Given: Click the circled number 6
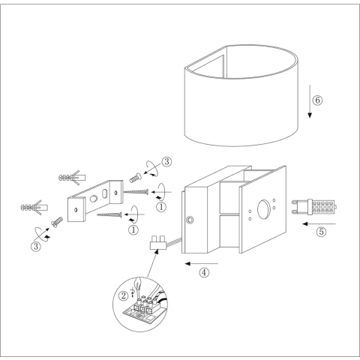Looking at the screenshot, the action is [x=317, y=100].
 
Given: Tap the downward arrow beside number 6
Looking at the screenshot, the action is [x=310, y=101].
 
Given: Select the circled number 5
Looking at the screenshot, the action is [x=321, y=232].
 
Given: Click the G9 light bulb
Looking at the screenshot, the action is [x=314, y=207].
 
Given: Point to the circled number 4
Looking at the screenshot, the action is [x=204, y=272].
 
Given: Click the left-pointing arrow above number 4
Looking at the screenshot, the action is [x=202, y=263].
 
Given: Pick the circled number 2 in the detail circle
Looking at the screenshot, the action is [x=123, y=296].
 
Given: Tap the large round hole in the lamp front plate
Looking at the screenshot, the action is [x=263, y=209].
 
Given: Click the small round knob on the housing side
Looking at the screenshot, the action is [x=190, y=220].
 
